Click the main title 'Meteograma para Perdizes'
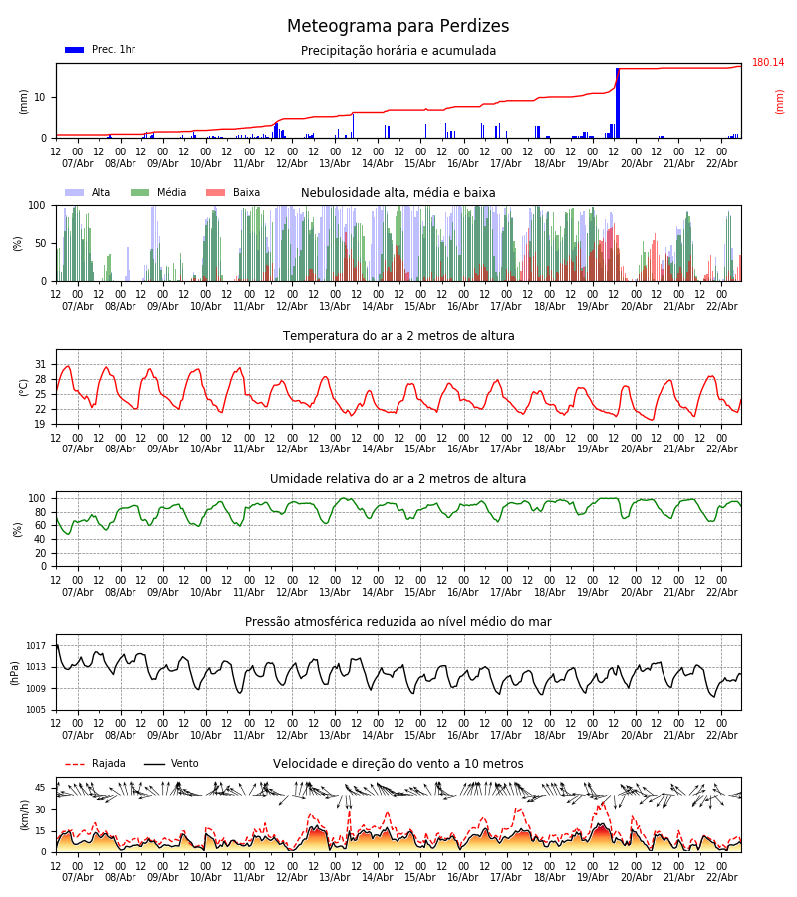pos(398,27)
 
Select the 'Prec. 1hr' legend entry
pos(113,50)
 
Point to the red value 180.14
pos(767,63)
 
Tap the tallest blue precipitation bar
pos(618,103)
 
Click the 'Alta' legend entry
pos(101,193)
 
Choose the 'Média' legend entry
pos(171,193)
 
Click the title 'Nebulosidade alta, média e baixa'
pos(398,193)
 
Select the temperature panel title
pos(398,336)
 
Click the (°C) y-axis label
pos(24,387)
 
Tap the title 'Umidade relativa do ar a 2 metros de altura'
pos(398,479)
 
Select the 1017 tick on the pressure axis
pos(36,646)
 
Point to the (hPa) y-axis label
pos(16,672)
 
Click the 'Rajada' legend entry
pos(108,764)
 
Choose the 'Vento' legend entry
pos(184,764)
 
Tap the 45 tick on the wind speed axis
pos(41,788)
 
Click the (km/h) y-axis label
pos(24,815)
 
